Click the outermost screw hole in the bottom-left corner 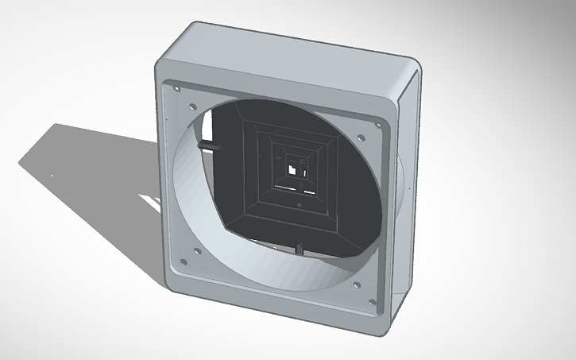183,261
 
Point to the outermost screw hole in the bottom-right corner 371,303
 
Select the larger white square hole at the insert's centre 293,169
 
